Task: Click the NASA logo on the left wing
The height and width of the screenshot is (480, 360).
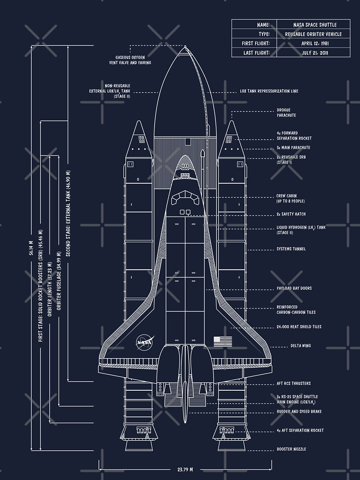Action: [x=144, y=342]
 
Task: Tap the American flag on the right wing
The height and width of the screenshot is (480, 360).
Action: [x=223, y=341]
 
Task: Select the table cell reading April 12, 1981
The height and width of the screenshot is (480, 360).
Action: [x=314, y=43]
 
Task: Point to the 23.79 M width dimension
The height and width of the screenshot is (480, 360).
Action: [x=185, y=469]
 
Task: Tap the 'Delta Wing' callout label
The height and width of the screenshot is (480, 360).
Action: [x=300, y=346]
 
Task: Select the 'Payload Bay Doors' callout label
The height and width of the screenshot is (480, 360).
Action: [x=294, y=288]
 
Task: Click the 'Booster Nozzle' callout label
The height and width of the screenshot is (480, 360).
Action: [x=291, y=449]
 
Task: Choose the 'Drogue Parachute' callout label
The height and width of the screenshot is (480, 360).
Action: [x=286, y=113]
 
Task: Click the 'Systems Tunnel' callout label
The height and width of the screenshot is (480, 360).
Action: [x=291, y=249]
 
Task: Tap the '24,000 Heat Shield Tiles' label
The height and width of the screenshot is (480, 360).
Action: [x=299, y=327]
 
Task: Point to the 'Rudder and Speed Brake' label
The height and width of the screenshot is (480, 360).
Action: [x=299, y=412]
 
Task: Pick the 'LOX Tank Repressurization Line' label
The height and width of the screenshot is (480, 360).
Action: [x=269, y=91]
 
